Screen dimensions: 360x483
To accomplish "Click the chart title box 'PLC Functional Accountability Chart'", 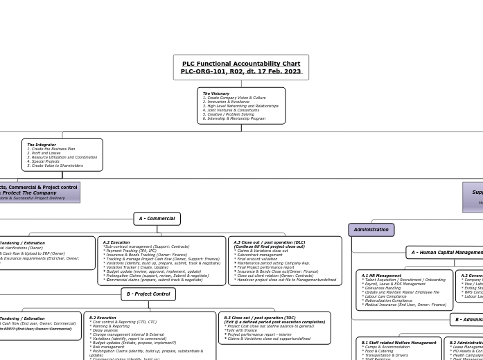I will click(x=241, y=64).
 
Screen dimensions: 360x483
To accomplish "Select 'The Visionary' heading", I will click(x=216, y=93).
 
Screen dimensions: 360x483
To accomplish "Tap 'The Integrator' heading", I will click(x=42, y=145).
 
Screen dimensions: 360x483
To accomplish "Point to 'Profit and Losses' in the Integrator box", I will click(x=46, y=153).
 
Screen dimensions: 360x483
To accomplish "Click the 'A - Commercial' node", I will click(x=157, y=219).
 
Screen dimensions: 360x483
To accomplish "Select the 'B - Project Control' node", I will click(x=148, y=294).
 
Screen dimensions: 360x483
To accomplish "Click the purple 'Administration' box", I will click(x=371, y=230).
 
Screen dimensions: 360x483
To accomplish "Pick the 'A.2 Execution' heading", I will click(x=116, y=242).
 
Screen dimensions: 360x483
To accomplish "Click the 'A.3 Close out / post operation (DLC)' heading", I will click(x=269, y=242).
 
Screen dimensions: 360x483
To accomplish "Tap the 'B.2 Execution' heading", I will click(x=103, y=318).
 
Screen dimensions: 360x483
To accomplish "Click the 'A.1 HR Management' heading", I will click(x=381, y=276).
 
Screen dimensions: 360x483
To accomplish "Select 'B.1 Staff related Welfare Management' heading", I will click(x=399, y=343).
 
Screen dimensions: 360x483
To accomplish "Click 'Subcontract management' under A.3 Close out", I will click(x=260, y=255).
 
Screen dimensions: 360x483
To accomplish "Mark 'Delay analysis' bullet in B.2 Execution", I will click(x=105, y=330).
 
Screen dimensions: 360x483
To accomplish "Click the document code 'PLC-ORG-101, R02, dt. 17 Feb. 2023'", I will click(x=241, y=71).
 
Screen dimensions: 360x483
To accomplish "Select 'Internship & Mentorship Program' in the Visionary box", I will click(x=236, y=118).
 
